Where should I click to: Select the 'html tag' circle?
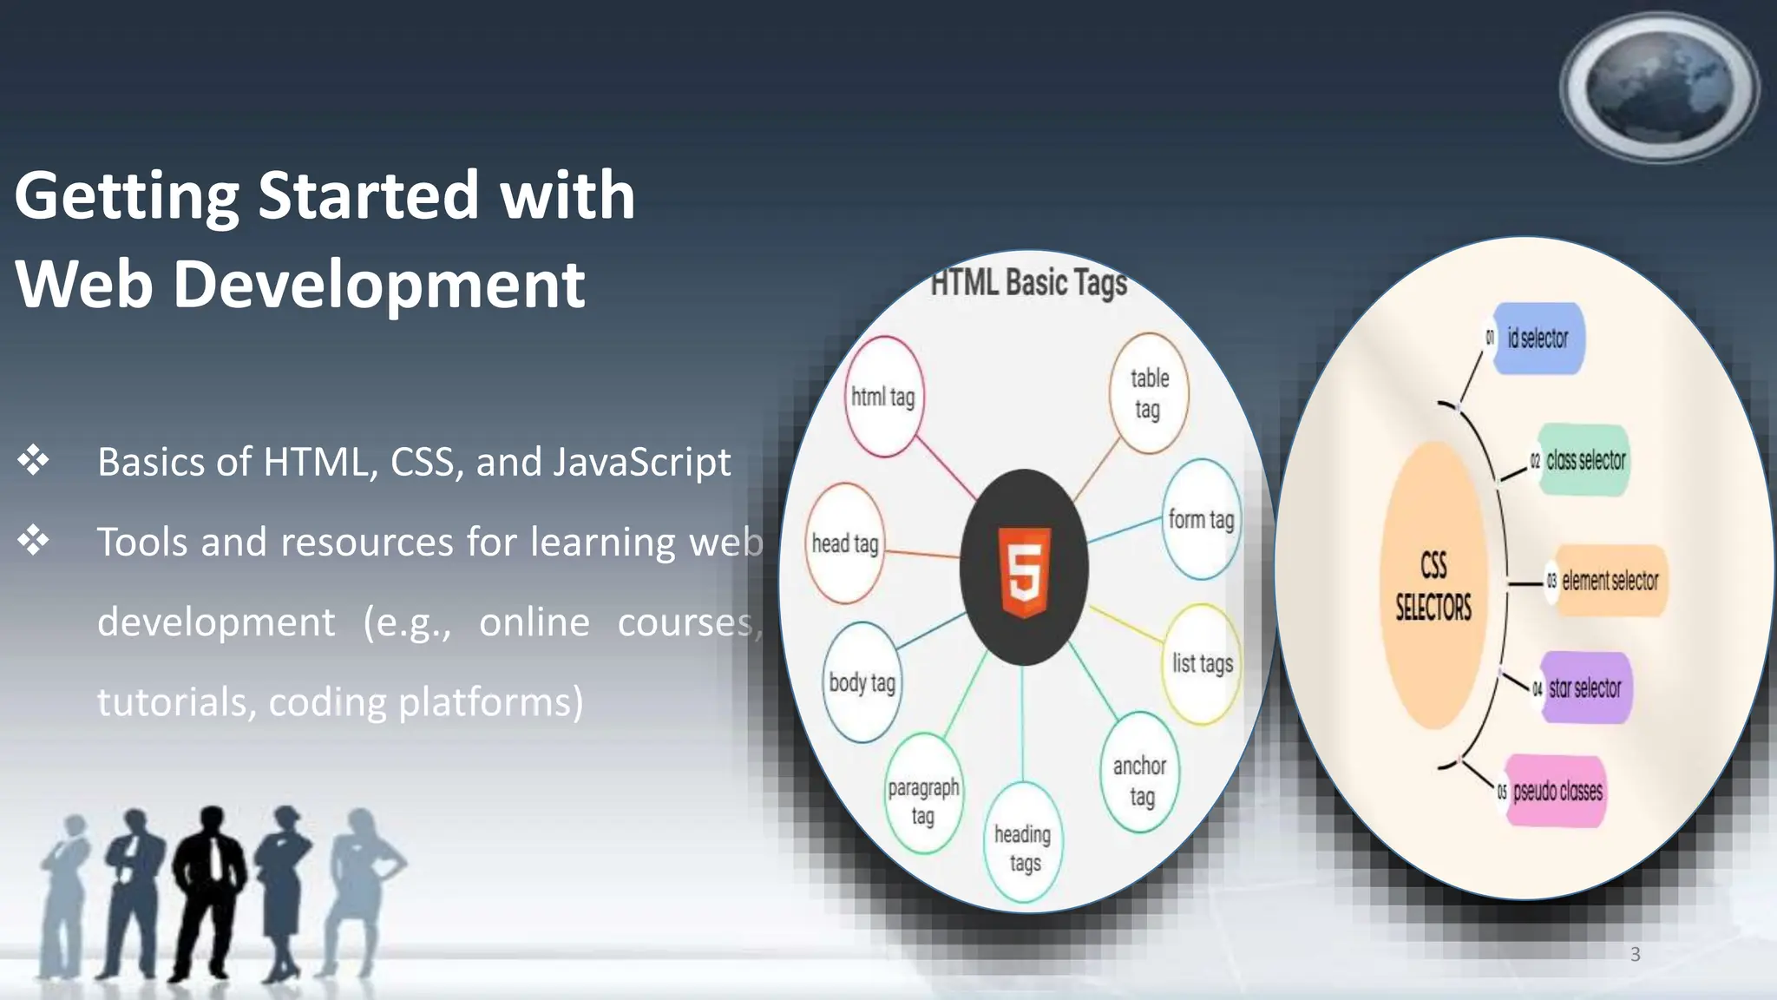coord(884,397)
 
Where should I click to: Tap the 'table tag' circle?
coord(1149,393)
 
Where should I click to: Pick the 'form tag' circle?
coord(1201,519)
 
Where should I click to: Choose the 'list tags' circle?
coord(1202,664)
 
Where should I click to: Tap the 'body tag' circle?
coord(862,682)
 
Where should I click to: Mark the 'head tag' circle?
coord(845,544)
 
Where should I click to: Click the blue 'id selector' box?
coord(1538,339)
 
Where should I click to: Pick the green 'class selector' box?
coord(1584,460)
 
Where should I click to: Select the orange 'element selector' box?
coord(1610,581)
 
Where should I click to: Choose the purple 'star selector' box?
coord(1585,688)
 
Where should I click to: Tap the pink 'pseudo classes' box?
coord(1557,792)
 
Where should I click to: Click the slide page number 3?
coord(1635,954)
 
